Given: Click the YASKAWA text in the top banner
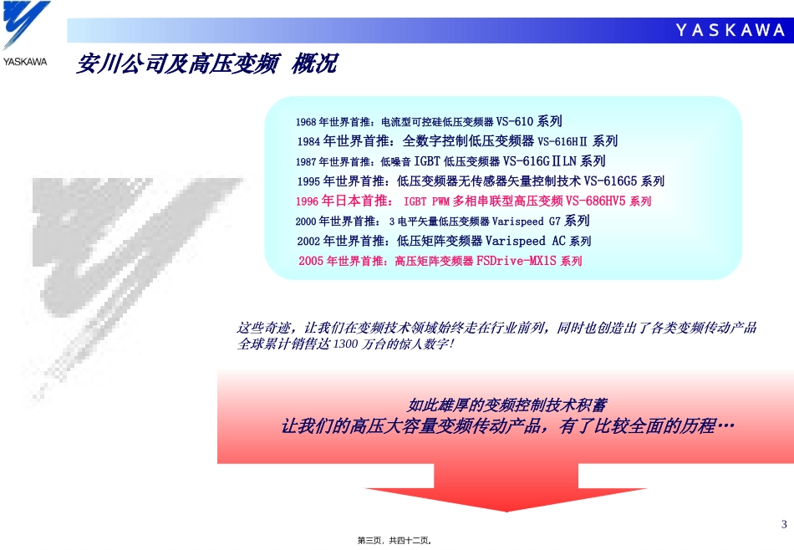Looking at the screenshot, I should (x=730, y=31).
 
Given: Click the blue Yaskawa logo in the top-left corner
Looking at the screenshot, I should (x=25, y=28).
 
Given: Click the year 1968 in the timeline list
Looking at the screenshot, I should (x=305, y=122).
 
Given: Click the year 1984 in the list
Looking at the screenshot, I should (x=309, y=141).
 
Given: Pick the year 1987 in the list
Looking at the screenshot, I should (x=305, y=161).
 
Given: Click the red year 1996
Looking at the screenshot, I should (x=308, y=201).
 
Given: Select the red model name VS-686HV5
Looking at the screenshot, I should (x=596, y=201).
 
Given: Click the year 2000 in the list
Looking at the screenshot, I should (x=306, y=222).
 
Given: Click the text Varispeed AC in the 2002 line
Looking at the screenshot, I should (x=526, y=241).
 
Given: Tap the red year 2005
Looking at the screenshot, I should (x=311, y=261).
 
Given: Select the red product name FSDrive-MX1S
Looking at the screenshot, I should (x=517, y=261).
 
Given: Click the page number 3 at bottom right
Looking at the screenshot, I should (x=783, y=524).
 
